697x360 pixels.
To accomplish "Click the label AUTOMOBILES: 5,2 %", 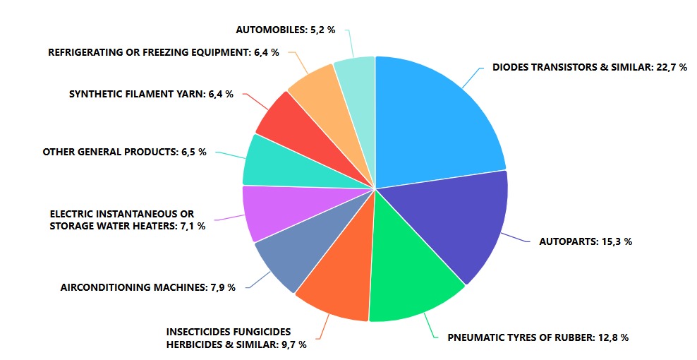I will [285, 30].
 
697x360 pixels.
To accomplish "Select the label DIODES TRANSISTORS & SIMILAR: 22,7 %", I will [589, 68].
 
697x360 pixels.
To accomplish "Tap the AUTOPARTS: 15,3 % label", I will [585, 241].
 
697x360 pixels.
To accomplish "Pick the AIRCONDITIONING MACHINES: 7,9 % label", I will [147, 287].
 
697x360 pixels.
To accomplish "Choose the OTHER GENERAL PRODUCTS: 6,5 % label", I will [124, 152].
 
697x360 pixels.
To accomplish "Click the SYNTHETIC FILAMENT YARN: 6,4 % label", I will [151, 94].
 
